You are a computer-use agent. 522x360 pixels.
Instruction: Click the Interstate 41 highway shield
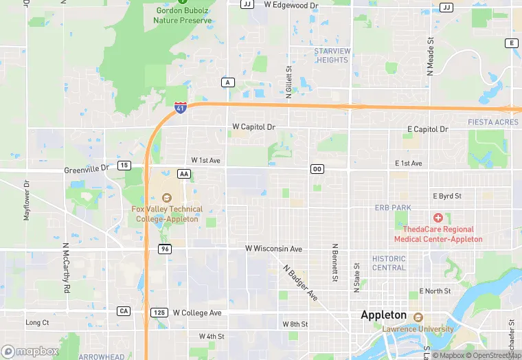(x=180, y=107)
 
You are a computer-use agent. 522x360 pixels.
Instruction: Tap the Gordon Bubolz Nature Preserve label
(x=182, y=15)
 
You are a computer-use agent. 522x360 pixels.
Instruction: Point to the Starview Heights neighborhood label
(x=332, y=56)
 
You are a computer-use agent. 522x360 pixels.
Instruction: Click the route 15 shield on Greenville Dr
(x=124, y=166)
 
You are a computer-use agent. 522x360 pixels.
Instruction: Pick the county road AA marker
(x=184, y=174)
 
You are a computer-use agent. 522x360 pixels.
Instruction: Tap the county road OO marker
(x=317, y=169)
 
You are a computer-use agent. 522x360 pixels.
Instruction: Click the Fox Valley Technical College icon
(x=166, y=197)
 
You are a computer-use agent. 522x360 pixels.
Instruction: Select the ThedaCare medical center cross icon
(x=438, y=217)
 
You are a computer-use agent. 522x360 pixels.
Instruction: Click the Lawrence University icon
(x=418, y=317)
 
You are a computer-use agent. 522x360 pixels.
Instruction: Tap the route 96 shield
(x=164, y=248)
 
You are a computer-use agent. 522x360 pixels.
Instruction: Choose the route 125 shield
(x=159, y=313)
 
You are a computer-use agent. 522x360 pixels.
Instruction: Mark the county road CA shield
(x=124, y=311)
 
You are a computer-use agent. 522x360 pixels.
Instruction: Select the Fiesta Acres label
(x=493, y=122)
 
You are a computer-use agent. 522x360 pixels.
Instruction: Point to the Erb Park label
(x=392, y=207)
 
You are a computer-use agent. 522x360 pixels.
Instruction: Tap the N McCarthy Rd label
(x=67, y=269)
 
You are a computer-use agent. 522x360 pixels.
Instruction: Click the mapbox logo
(x=30, y=351)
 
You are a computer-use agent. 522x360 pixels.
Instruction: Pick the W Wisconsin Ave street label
(x=274, y=248)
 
